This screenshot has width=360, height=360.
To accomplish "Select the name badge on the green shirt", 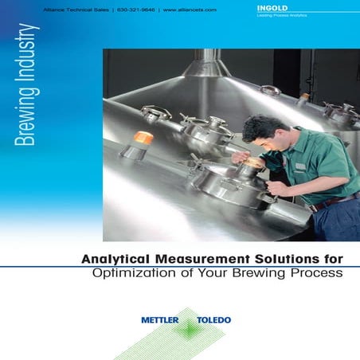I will click(301, 166).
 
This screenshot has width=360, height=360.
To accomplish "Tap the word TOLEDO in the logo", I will click(214, 320).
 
